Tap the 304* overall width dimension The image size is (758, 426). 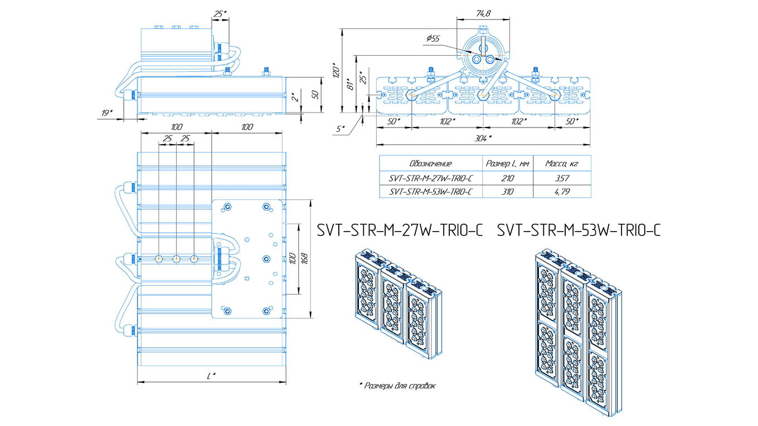pyautogui.click(x=483, y=138)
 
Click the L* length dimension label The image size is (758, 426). pyautogui.click(x=211, y=376)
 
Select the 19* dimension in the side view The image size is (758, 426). pyautogui.click(x=106, y=113)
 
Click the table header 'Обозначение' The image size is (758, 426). pyautogui.click(x=430, y=164)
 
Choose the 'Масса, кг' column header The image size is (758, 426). pyautogui.click(x=561, y=164)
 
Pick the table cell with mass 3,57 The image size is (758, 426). pyautogui.click(x=561, y=178)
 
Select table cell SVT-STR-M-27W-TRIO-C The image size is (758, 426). pyautogui.click(x=430, y=178)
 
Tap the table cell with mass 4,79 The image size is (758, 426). pyautogui.click(x=561, y=192)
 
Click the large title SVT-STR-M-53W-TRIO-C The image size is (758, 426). pyautogui.click(x=579, y=229)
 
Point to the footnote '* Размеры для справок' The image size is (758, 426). pyautogui.click(x=397, y=385)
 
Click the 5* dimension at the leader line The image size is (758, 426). pyautogui.click(x=341, y=129)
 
